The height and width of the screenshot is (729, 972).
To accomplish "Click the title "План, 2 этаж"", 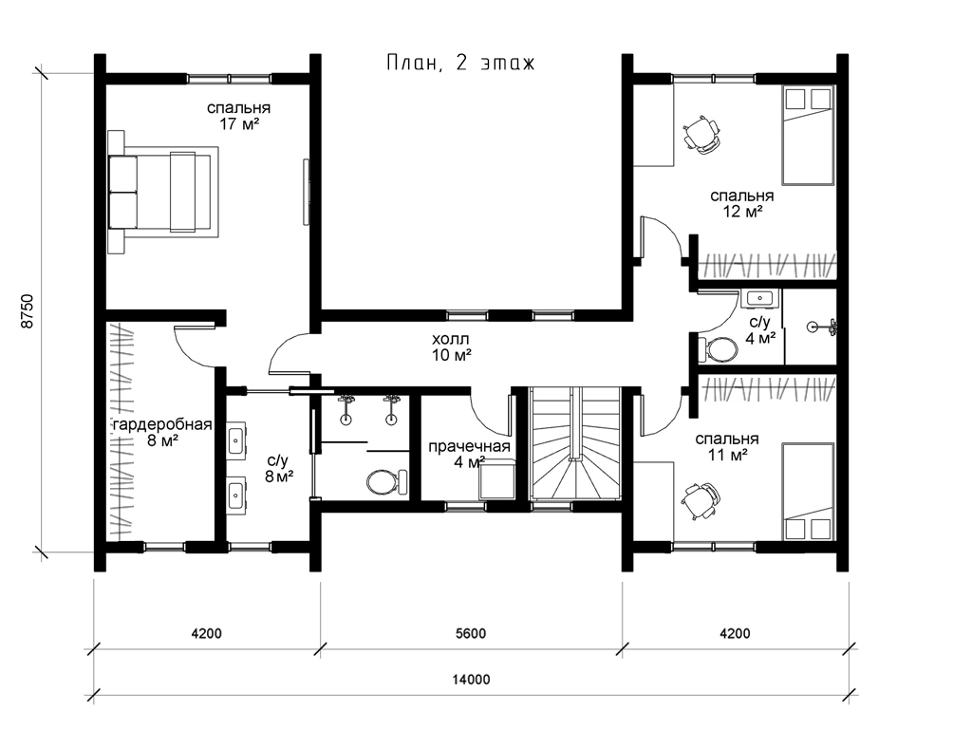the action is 460,64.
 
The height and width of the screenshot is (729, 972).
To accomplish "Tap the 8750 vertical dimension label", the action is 27,311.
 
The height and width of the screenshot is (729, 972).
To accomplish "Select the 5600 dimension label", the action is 471,633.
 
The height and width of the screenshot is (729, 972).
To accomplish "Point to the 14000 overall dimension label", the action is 471,680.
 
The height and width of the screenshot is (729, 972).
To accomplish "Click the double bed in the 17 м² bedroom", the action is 163,192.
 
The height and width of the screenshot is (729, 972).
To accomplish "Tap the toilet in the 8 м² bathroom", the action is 386,481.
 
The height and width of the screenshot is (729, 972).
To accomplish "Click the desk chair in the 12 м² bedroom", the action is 701,135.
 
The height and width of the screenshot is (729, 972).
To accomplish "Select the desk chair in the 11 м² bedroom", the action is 701,499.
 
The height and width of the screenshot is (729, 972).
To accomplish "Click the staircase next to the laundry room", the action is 575,442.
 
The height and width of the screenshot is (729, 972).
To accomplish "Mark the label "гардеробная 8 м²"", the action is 162,433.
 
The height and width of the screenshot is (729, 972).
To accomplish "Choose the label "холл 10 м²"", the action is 451,347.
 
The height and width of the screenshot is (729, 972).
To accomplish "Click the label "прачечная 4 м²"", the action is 469,455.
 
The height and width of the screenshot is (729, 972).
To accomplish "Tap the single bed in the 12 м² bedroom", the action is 808,135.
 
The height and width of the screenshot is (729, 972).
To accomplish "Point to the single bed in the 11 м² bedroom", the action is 808,492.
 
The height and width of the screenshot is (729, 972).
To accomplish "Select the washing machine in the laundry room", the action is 497,479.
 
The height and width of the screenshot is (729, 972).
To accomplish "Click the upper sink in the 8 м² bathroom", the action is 236,439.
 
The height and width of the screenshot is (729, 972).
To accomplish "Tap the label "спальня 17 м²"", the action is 238,116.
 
